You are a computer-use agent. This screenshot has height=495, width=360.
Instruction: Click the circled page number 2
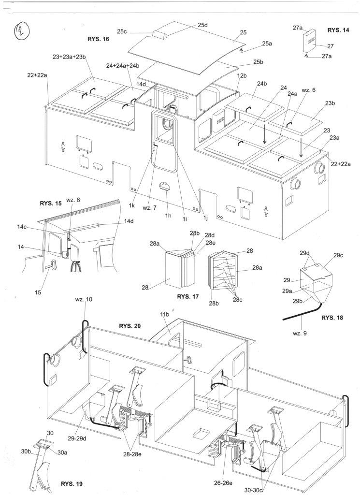[22, 32]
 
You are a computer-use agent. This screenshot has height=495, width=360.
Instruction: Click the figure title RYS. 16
[98, 40]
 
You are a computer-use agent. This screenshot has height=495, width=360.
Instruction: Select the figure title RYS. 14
[338, 30]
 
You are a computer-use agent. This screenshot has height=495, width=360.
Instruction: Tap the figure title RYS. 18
[332, 318]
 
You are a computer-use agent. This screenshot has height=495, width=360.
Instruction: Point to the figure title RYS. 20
[130, 326]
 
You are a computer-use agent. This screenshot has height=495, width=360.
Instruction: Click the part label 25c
[122, 31]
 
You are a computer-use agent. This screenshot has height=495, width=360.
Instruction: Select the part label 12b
[242, 76]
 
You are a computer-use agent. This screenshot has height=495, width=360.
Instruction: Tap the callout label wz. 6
[308, 90]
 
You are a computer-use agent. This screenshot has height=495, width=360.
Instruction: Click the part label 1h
[168, 216]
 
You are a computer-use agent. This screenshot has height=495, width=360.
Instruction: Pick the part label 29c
[338, 255]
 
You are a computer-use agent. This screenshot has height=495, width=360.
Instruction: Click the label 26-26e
[223, 483]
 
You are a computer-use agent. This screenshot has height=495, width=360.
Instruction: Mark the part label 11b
[165, 314]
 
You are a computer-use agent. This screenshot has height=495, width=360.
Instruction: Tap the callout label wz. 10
[84, 299]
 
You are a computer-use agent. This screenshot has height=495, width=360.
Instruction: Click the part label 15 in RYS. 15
[38, 292]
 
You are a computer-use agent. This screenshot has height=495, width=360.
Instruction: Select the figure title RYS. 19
[72, 483]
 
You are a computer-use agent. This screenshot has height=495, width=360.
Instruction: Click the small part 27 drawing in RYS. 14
[309, 42]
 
